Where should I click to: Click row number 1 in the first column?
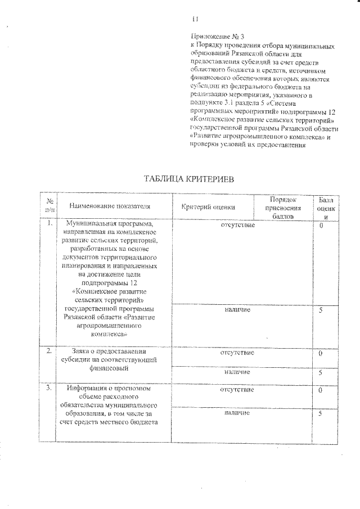(50, 224)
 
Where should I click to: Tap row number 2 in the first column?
(50, 352)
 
